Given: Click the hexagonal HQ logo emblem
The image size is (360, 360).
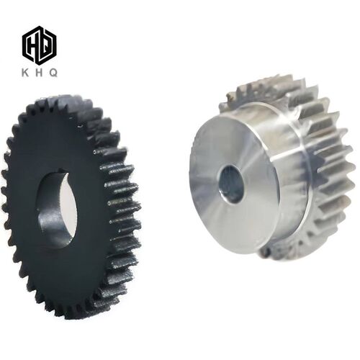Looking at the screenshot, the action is pyautogui.click(x=40, y=45).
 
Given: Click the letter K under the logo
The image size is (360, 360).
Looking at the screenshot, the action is pyautogui.click(x=25, y=73).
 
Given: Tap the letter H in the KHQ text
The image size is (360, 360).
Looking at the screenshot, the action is pyautogui.click(x=39, y=73).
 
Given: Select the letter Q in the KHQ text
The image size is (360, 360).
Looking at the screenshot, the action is pyautogui.click(x=53, y=73).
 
